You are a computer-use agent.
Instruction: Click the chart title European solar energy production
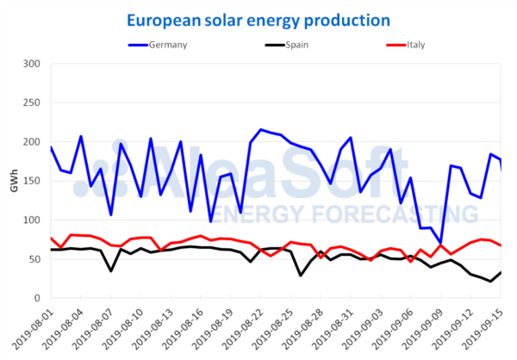(x=258, y=19)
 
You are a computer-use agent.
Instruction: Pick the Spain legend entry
(x=283, y=45)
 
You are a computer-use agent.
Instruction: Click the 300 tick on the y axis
(x=32, y=64)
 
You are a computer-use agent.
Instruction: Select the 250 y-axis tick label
(x=32, y=102)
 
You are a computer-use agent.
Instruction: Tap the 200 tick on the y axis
(x=32, y=142)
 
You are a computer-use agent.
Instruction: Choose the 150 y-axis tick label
(x=32, y=181)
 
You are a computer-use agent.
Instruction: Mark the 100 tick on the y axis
(x=32, y=220)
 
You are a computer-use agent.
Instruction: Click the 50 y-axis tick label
(x=34, y=259)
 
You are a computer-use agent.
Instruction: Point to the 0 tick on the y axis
(x=38, y=298)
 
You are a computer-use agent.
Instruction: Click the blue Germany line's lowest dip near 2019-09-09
(x=441, y=244)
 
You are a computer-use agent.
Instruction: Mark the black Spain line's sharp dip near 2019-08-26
(x=301, y=275)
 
